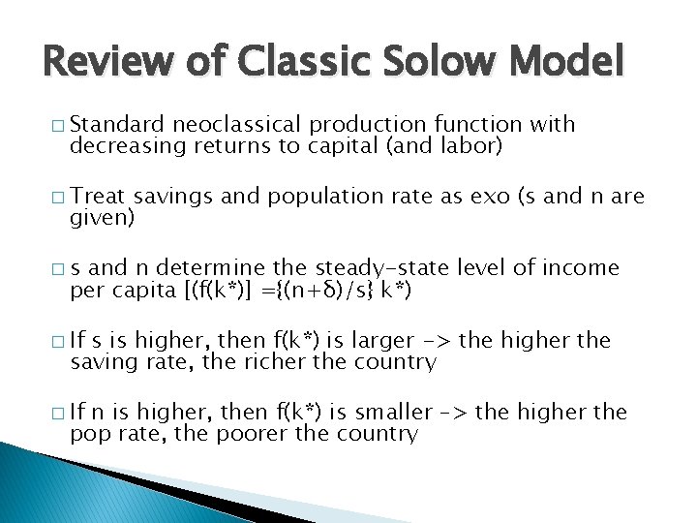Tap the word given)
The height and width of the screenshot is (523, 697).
click(x=100, y=217)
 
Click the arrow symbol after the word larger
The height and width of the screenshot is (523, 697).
click(x=439, y=340)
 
